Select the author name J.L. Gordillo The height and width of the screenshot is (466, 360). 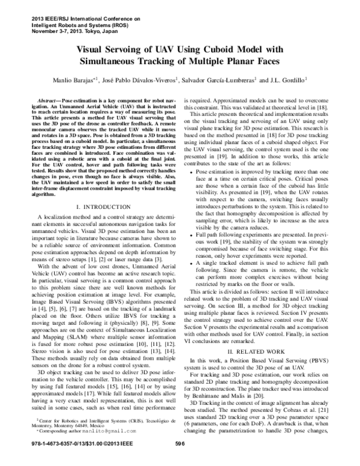pos(284,79)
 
